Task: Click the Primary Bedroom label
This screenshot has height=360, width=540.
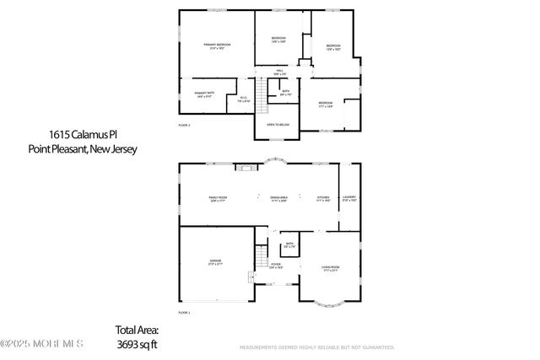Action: tap(217, 46)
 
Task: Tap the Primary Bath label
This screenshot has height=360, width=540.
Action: tap(204, 94)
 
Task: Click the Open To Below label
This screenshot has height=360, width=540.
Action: tap(278, 124)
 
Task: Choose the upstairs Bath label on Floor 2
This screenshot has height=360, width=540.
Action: tap(286, 93)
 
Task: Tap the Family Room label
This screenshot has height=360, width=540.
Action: tap(219, 199)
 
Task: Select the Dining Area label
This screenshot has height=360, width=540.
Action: tap(279, 199)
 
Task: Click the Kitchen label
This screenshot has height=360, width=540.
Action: tap(323, 199)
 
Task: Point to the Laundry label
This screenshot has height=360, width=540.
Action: tap(350, 199)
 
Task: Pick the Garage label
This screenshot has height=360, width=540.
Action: tap(216, 262)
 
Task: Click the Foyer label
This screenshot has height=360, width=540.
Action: tap(275, 266)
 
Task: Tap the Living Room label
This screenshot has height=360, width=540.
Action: tap(330, 268)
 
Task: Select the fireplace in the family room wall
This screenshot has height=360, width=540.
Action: tap(244, 167)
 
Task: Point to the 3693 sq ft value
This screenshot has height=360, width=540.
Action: tap(137, 344)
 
